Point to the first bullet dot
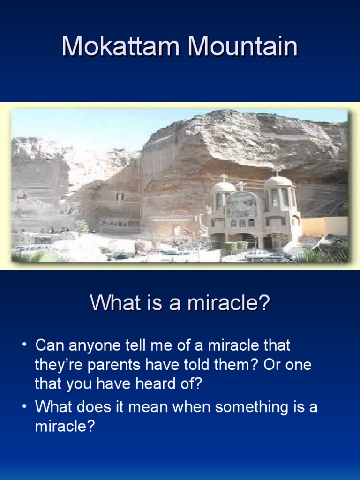(x=24, y=345)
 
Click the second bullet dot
(x=24, y=407)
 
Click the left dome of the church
(x=224, y=187)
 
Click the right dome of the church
(x=278, y=181)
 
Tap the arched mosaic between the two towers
(x=241, y=204)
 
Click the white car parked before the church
(x=258, y=254)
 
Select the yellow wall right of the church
(x=323, y=226)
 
